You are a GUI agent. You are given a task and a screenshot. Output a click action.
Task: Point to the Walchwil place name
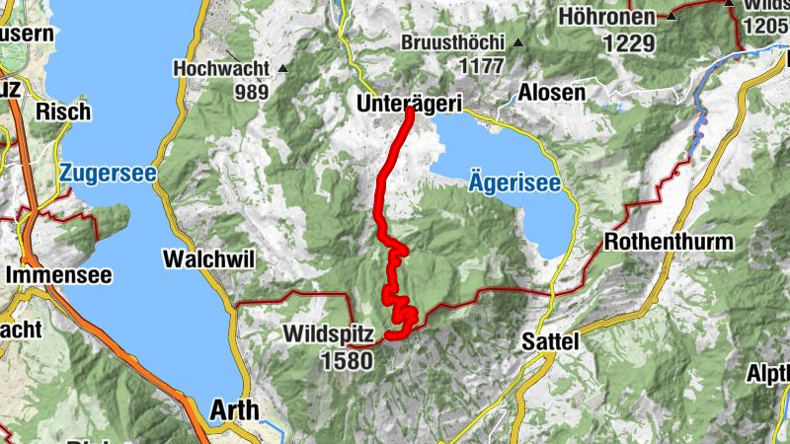208,259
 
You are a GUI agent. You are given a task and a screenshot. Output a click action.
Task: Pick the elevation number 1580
346,360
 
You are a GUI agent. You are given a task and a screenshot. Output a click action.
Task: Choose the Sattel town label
549,340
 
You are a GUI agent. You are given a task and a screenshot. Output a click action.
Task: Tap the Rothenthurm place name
669,242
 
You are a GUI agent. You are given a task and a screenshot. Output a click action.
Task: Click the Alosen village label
551,93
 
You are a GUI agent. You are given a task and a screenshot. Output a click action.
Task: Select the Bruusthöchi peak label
453,43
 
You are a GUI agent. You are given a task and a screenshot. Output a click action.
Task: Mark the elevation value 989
252,92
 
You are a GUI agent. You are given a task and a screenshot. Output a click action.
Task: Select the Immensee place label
58,275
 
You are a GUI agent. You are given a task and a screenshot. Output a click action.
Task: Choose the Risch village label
62,111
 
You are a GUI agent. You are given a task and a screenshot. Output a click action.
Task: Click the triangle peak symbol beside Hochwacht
283,68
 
